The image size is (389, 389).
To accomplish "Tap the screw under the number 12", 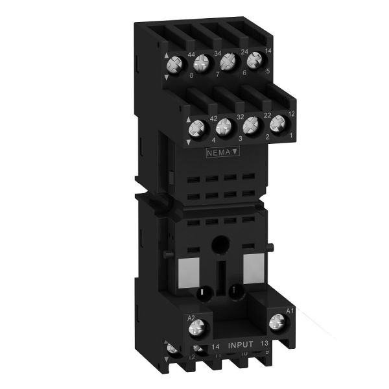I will [x=278, y=121].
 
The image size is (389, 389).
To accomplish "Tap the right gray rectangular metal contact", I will [x=253, y=266].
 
